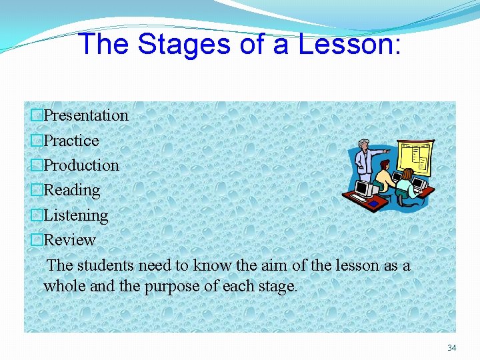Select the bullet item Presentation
click(85, 115)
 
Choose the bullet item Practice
click(71, 141)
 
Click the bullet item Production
click(81, 165)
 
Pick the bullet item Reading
click(71, 190)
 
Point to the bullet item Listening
click(75, 215)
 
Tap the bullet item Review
click(69, 240)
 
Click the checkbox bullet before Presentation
click(37, 116)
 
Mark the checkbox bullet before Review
click(37, 241)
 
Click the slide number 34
click(451, 347)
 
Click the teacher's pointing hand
click(389, 152)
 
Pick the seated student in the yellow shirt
click(384, 178)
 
